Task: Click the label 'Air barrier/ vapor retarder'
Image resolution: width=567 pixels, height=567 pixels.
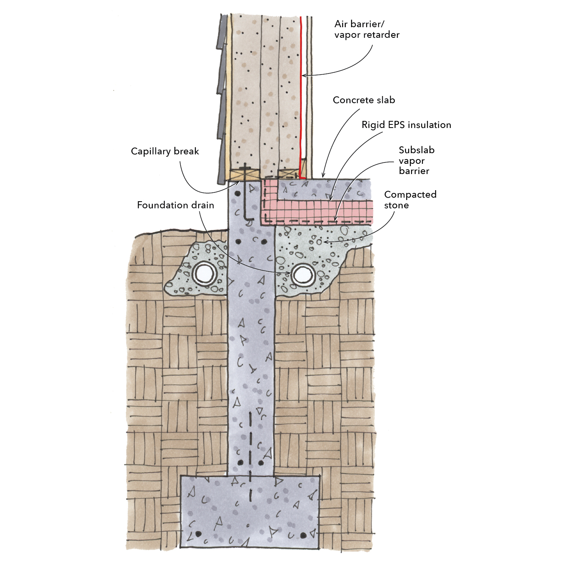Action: click(x=367, y=30)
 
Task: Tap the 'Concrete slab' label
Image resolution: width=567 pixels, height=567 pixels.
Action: click(x=364, y=100)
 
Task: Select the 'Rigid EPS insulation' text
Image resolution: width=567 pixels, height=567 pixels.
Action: click(x=406, y=125)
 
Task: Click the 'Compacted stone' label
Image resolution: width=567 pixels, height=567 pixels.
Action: click(x=410, y=200)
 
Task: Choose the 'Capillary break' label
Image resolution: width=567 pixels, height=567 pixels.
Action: click(x=165, y=151)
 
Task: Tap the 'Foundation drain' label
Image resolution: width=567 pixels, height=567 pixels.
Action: click(x=175, y=205)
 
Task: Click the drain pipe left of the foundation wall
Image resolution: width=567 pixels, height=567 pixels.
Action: click(x=204, y=273)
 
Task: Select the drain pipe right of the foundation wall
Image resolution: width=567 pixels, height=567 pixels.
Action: click(x=302, y=274)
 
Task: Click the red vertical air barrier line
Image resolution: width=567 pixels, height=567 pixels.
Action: click(x=300, y=98)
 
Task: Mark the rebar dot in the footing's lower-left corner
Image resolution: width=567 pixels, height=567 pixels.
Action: click(x=198, y=534)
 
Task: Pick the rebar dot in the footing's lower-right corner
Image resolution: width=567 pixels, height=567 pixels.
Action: click(x=303, y=535)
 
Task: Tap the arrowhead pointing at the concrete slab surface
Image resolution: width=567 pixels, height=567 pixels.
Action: click(x=323, y=176)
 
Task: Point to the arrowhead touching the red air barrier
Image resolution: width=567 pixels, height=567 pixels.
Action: click(x=304, y=75)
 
